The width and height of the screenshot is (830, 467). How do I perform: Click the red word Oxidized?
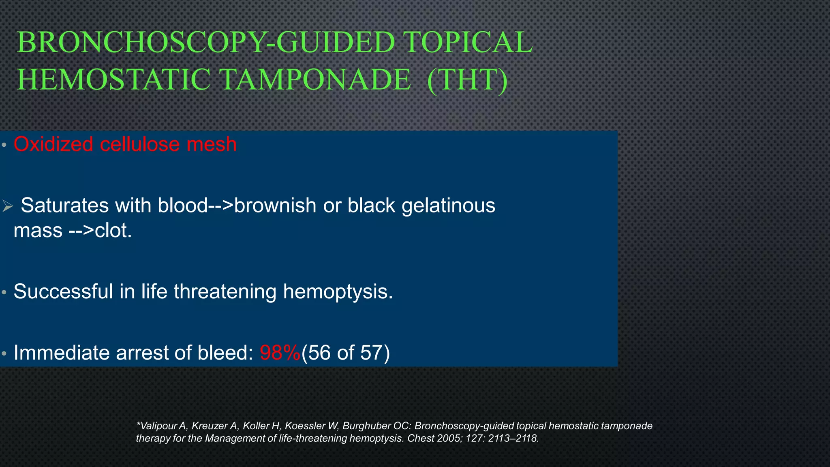[x=53, y=144]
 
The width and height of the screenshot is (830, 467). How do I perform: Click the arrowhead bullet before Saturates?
[x=7, y=206]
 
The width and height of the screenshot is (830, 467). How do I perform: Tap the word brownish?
[x=275, y=206]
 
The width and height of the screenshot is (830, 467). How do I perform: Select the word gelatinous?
[x=448, y=206]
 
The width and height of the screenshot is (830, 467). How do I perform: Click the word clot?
[x=113, y=231]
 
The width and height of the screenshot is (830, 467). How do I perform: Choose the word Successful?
[x=63, y=291]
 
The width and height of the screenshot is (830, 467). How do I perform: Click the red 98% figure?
[x=280, y=353]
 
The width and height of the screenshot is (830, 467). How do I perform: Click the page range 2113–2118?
[x=513, y=438]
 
